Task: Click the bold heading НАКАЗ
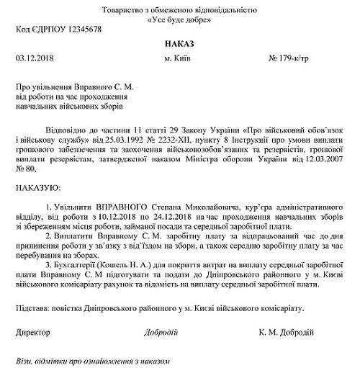click(x=179, y=43)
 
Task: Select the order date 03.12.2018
click(x=35, y=58)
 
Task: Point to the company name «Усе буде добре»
click(x=179, y=19)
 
